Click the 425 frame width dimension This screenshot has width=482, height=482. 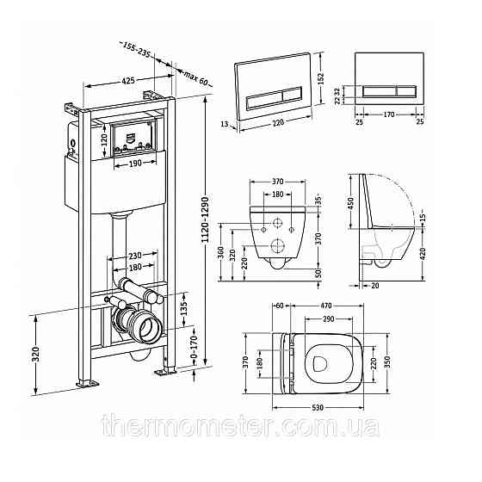(x=128, y=81)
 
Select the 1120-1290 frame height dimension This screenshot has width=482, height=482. (x=205, y=219)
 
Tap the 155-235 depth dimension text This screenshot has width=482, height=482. (x=137, y=50)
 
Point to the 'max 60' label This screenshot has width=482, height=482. (x=196, y=77)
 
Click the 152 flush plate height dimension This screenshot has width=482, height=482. (x=320, y=79)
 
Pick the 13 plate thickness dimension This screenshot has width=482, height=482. (x=225, y=124)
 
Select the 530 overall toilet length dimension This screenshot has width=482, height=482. (x=318, y=408)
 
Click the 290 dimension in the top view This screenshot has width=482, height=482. (x=328, y=319)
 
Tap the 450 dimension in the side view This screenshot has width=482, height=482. (x=351, y=203)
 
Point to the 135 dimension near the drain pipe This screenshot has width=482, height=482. (x=183, y=309)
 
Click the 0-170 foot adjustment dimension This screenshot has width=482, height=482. (x=194, y=348)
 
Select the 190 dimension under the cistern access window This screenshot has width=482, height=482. (x=135, y=164)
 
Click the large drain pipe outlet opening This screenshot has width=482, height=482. (x=150, y=330)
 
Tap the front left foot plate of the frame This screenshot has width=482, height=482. (x=89, y=384)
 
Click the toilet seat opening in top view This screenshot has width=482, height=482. (x=320, y=363)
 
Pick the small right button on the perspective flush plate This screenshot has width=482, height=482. (x=292, y=95)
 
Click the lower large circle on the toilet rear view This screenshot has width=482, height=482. (x=277, y=245)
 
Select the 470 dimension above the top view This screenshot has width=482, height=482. (x=326, y=306)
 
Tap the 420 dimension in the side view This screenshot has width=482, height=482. (x=423, y=254)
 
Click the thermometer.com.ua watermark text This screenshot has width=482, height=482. (x=240, y=426)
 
